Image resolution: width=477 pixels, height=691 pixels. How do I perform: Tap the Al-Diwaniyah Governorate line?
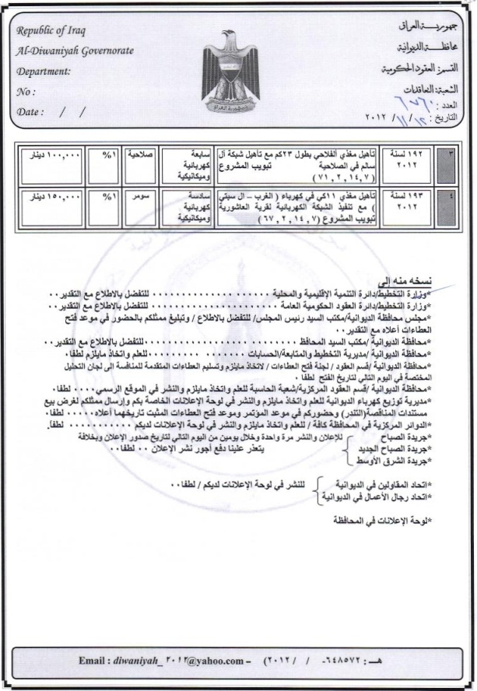click(74, 51)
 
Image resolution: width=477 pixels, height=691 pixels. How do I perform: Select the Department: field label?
click(44, 71)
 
